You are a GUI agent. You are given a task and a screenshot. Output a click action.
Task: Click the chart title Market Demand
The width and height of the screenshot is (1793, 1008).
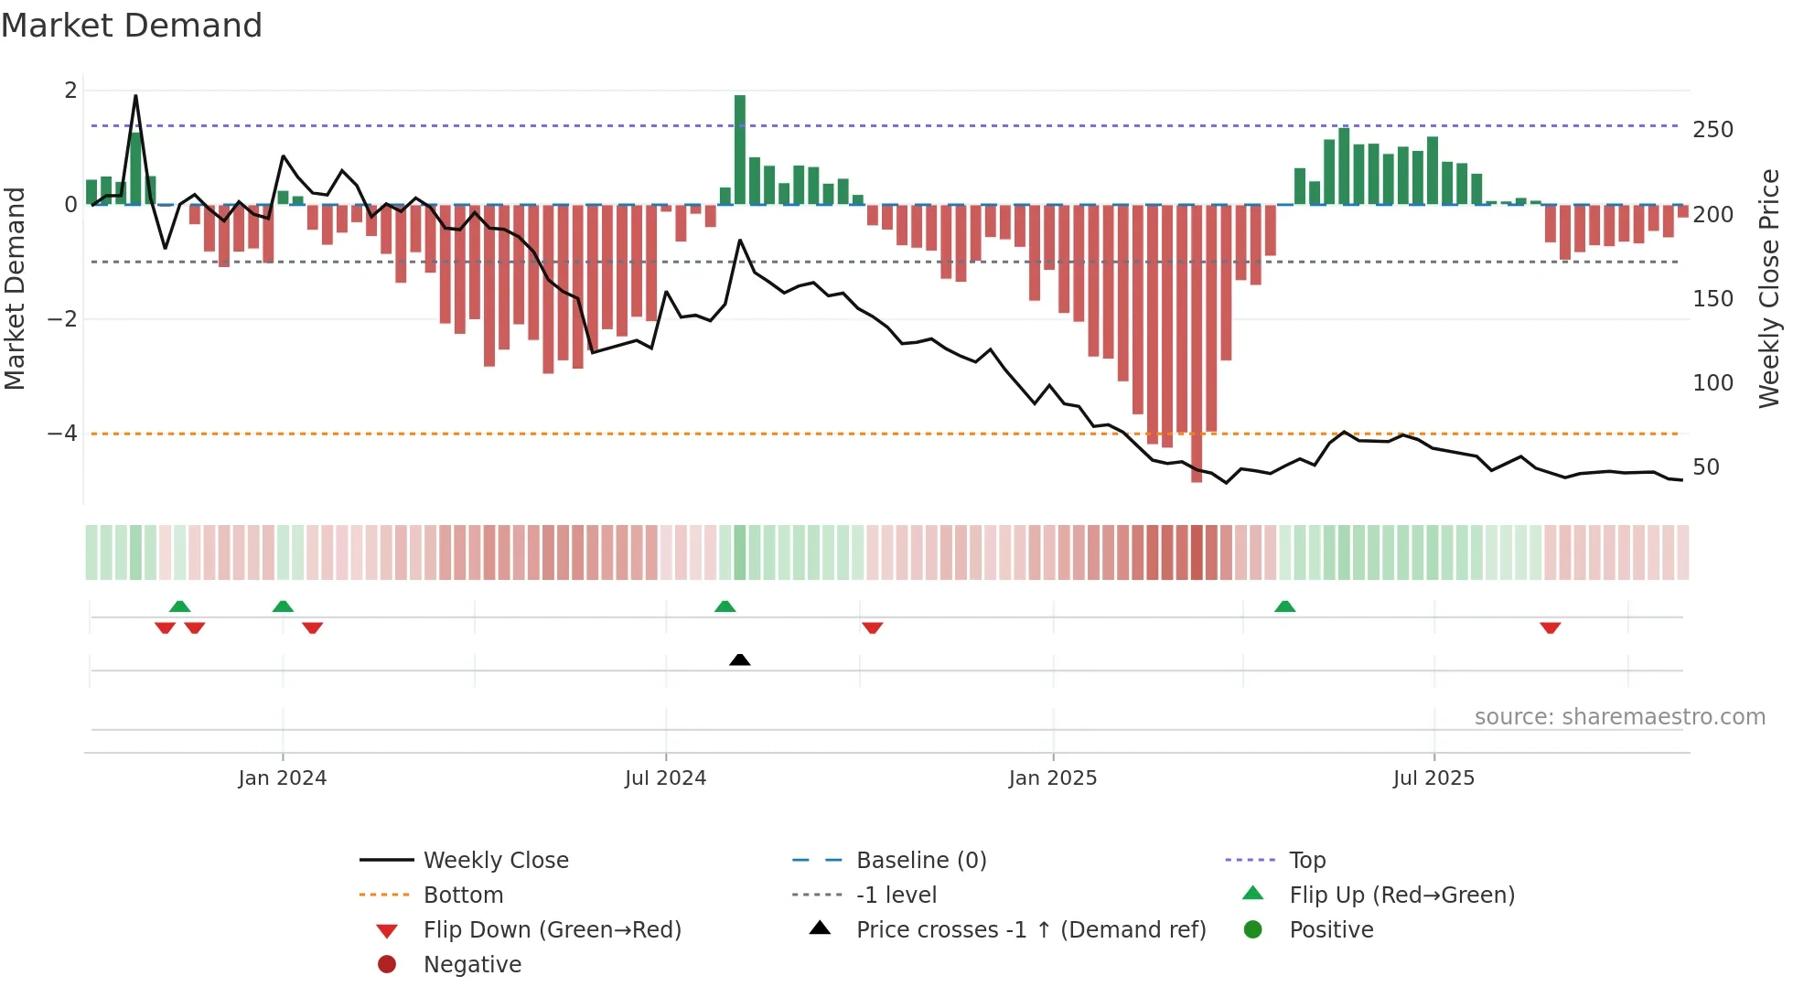coord(132,26)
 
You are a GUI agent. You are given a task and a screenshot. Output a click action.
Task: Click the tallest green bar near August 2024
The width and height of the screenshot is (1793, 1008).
coord(740,149)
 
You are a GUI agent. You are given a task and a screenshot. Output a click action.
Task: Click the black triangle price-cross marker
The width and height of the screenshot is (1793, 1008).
coord(740,659)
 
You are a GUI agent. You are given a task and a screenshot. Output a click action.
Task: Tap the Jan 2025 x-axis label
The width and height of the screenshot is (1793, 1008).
coord(1052,778)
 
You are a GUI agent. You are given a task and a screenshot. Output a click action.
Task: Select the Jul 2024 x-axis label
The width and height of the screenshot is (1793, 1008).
coord(665,778)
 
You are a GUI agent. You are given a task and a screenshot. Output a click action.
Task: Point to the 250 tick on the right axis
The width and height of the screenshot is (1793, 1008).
coord(1712,130)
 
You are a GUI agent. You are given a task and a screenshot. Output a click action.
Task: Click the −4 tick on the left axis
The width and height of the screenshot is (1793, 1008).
coord(63,434)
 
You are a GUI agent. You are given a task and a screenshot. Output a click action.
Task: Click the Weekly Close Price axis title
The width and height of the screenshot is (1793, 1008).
coord(1769,288)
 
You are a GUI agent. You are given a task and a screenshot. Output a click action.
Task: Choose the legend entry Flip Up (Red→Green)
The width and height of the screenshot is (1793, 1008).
coord(1401,895)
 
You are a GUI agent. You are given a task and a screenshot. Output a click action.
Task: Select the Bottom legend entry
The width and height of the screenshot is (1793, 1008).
coord(463,895)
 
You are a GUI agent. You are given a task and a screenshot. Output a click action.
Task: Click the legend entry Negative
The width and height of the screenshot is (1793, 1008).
coord(472,964)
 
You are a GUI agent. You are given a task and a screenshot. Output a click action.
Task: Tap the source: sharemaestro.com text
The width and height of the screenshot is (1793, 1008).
coord(1619,717)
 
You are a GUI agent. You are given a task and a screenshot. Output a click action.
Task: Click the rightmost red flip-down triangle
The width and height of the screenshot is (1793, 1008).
coord(1550,628)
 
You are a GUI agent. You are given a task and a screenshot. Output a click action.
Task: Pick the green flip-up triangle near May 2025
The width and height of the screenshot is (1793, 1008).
coord(1284,606)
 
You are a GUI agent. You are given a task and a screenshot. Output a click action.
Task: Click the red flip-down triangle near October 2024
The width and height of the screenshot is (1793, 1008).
coord(872,628)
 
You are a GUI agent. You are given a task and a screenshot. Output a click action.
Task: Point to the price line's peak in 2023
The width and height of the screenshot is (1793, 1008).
coord(135,96)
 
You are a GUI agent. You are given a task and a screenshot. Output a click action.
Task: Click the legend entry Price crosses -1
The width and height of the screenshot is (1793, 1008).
coord(1030,929)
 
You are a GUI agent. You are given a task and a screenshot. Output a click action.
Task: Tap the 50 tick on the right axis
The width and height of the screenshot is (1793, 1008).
coord(1706,467)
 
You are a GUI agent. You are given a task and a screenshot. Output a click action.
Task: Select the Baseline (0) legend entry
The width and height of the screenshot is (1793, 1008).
coord(920,860)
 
